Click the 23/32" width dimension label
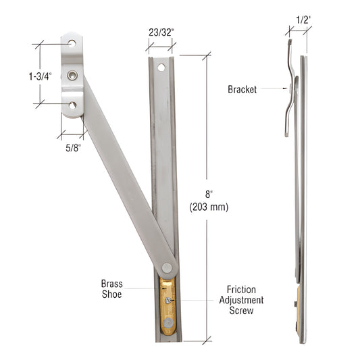[x=161, y=32]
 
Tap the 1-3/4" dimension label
[x=40, y=76]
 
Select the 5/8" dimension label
[x=73, y=148]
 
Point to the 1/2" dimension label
[x=303, y=20]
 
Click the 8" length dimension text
[x=209, y=195]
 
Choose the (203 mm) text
[x=209, y=207]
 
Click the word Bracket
[x=242, y=89]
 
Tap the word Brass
[x=112, y=284]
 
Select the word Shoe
[x=112, y=294]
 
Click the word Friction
[x=241, y=290]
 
